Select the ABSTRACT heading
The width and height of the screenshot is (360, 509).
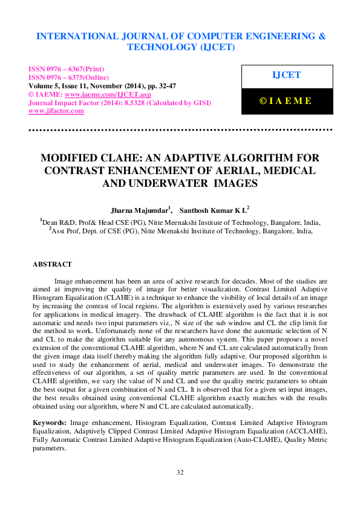click(x=52, y=264)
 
